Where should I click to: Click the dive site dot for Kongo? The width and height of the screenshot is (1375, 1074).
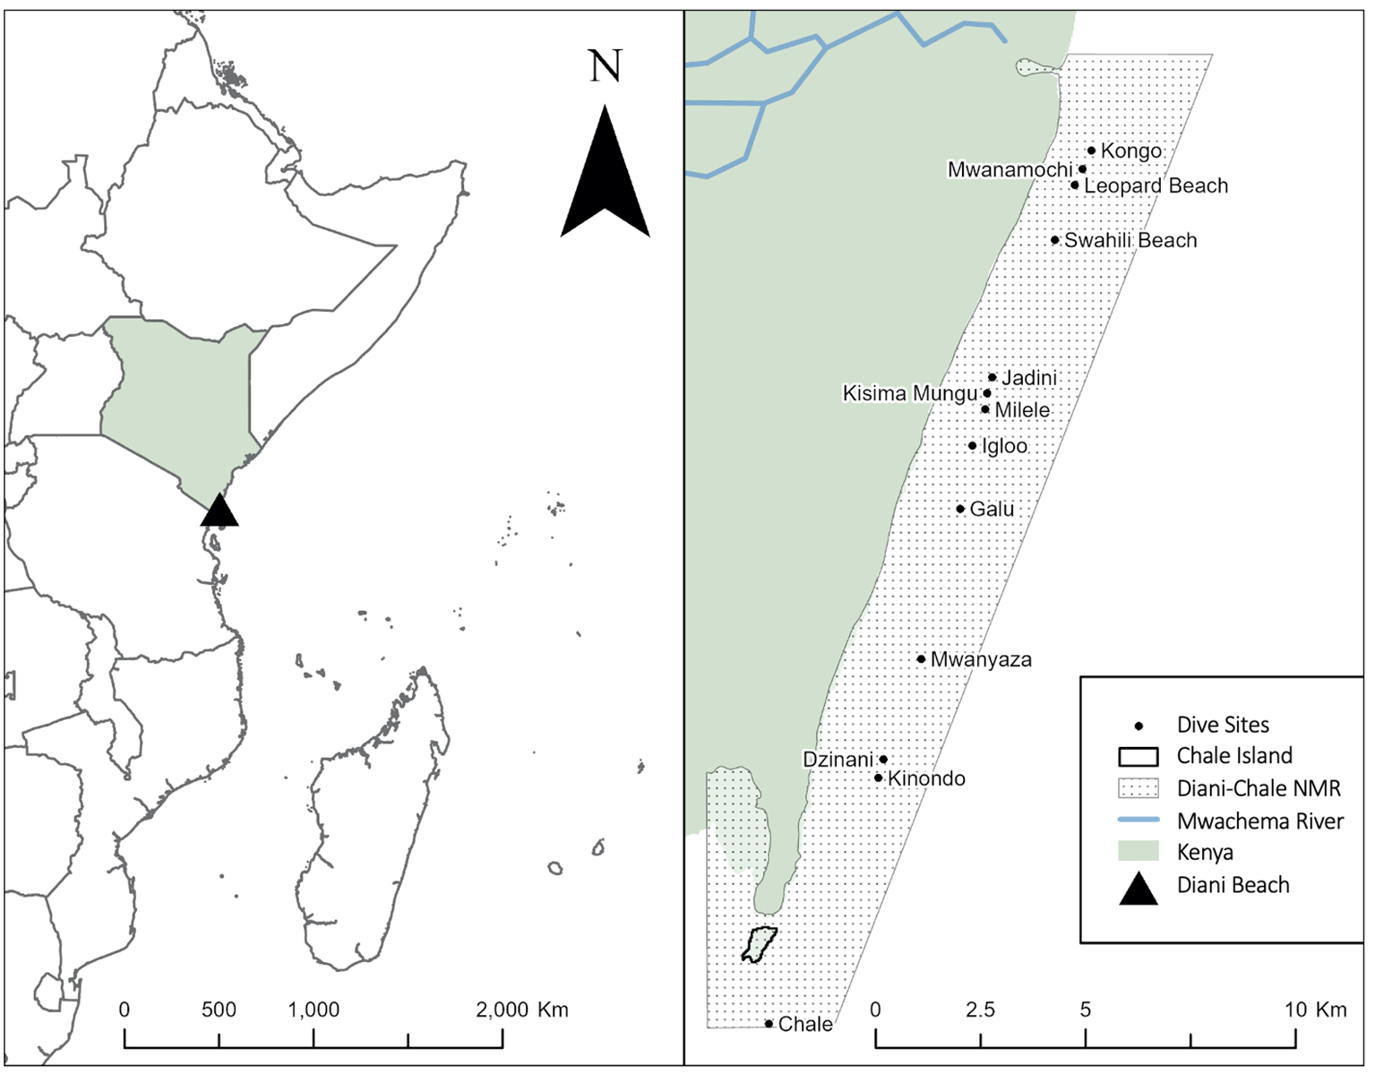(1091, 150)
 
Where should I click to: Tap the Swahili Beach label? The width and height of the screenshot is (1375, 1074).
(1130, 240)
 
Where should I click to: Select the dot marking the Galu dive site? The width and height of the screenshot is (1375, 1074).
(960, 509)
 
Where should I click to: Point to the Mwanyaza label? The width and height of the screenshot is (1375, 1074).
(981, 660)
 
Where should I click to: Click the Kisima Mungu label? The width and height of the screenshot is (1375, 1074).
(909, 393)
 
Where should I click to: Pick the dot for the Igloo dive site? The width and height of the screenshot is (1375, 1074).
(972, 446)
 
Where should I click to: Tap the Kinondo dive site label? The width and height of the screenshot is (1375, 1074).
(926, 778)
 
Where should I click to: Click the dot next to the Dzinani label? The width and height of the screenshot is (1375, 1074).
(883, 760)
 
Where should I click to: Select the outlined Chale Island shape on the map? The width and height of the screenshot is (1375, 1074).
(760, 944)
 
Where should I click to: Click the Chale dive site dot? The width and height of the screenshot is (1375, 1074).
(769, 1024)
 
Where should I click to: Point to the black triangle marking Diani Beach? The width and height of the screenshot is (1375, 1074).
(219, 511)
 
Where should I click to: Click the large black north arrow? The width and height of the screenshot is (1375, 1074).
(606, 179)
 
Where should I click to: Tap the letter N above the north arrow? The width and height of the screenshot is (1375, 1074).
(606, 66)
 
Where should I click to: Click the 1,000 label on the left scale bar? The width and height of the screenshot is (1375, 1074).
(314, 1010)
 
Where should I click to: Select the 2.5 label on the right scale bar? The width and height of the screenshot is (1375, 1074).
(980, 1010)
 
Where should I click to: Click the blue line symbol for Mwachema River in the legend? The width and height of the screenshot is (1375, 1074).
(1138, 820)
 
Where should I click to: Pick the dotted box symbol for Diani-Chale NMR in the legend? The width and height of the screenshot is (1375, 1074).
(1138, 788)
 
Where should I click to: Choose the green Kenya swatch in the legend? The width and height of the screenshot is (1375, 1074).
(1138, 851)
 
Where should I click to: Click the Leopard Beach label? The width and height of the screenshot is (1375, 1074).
(1156, 185)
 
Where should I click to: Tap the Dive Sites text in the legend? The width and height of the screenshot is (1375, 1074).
(1223, 725)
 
